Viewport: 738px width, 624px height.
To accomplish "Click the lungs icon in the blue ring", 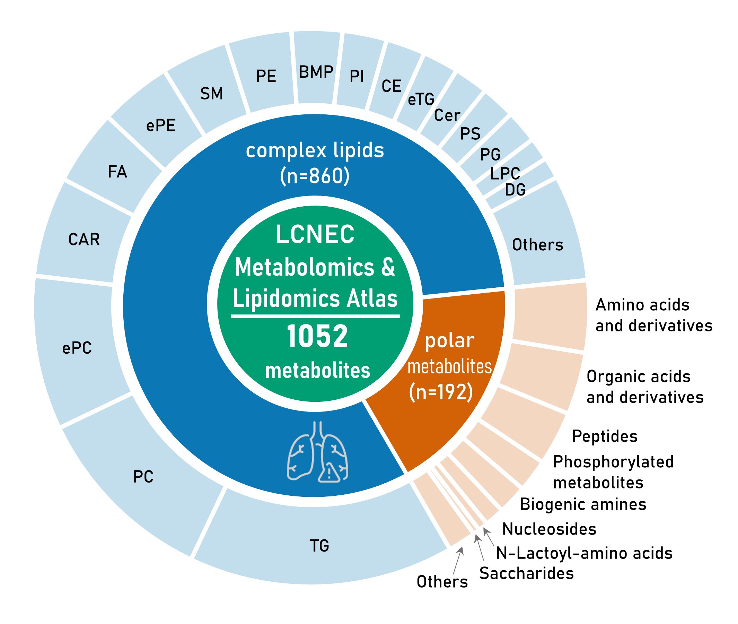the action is coord(317,452).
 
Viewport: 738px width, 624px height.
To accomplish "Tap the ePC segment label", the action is coord(77,348).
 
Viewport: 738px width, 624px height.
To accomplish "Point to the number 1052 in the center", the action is coord(317,336).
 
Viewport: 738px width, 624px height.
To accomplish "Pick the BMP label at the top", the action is coord(316,72).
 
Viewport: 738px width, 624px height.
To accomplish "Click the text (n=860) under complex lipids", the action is coord(315,176).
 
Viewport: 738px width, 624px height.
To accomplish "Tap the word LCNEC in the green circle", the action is coord(315,234).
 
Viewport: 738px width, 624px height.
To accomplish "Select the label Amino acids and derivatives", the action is coord(654,315).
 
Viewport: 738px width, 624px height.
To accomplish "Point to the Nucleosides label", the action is coord(549,529).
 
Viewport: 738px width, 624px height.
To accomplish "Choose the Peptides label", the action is coord(605,436).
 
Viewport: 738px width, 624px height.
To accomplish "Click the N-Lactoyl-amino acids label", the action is coord(584,553).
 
